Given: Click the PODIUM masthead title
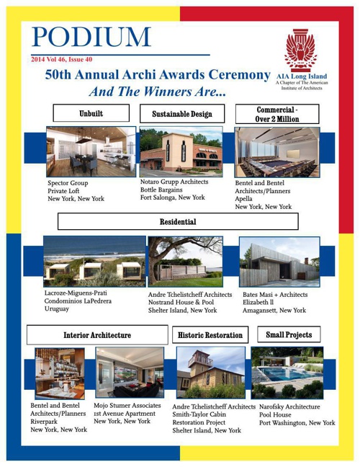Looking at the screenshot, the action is click(91, 37).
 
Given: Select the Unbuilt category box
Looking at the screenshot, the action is click(91, 113).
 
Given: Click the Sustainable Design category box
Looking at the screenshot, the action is click(182, 113).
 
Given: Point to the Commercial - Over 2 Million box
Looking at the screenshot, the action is click(277, 114).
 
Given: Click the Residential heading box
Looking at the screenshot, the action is click(178, 221).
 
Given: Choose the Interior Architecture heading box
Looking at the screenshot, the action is click(97, 335).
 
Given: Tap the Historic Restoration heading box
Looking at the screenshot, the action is click(210, 335).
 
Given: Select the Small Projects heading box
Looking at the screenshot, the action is click(289, 334).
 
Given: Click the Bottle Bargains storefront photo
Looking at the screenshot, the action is click(181, 151).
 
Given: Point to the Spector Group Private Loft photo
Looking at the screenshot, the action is click(91, 151).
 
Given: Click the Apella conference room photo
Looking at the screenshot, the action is click(277, 153).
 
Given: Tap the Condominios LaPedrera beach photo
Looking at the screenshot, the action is click(94, 262).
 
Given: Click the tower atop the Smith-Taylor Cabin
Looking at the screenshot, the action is click(200, 361).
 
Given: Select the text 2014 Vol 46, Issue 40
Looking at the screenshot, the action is click(62, 59).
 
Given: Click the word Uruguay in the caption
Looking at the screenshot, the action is click(57, 309).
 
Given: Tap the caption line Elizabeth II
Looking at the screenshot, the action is click(258, 302).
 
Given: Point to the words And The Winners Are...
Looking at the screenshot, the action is click(158, 92).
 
